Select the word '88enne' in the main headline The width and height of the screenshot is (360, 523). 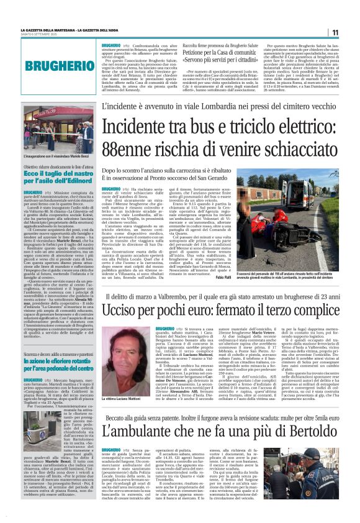point(129,149)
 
